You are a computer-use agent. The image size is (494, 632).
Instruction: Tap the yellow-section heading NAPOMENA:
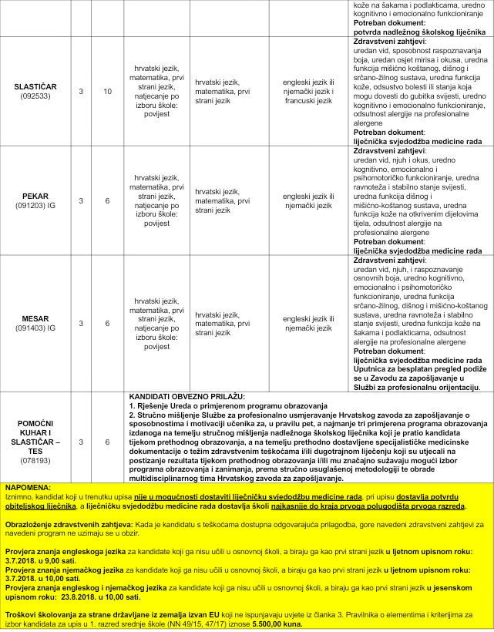tap(29, 489)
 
